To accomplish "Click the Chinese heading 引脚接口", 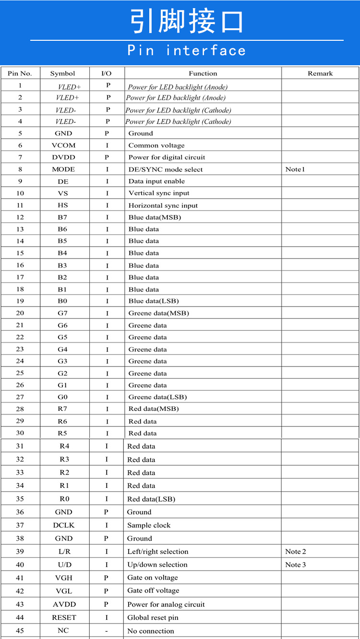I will click(187, 21).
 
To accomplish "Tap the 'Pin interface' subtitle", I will click(187, 50).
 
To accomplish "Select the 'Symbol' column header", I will click(63, 73).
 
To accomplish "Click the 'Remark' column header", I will click(320, 73).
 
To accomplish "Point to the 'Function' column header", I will click(203, 73).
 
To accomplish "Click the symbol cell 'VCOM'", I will click(63, 145).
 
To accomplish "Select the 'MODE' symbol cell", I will click(63, 169).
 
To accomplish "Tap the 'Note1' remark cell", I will click(295, 169).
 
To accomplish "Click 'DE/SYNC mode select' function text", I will click(166, 169).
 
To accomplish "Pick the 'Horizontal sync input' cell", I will click(163, 205).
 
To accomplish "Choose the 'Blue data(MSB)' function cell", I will click(155, 217).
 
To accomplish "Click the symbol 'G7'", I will click(63, 313).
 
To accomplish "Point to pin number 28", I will click(20, 409).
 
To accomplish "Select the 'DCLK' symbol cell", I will click(64, 525).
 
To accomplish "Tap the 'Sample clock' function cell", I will click(149, 525).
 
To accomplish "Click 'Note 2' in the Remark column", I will click(296, 552).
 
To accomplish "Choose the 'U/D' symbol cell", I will click(64, 565).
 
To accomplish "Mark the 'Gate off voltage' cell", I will click(153, 591).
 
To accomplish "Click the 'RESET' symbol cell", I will click(64, 617).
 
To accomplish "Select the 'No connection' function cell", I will click(151, 631).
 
